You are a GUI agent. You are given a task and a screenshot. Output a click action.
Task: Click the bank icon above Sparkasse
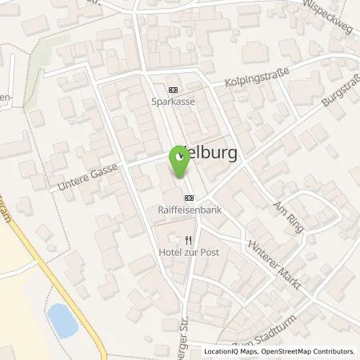(x=174, y=90)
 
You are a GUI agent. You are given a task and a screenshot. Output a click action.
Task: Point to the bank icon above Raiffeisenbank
(x=189, y=198)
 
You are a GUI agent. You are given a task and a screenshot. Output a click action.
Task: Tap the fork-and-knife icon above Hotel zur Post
(x=189, y=239)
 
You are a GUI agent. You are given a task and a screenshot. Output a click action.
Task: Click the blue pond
(x=61, y=320)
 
